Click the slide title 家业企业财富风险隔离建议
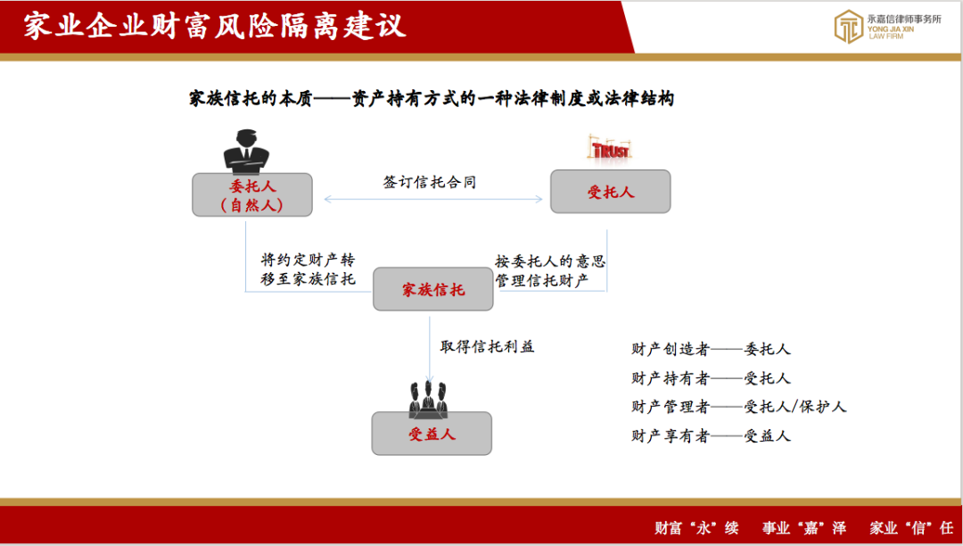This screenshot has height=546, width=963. pyautogui.click(x=214, y=27)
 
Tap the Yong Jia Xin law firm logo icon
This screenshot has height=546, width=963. pyautogui.click(x=848, y=27)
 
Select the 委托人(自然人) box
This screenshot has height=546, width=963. pyautogui.click(x=251, y=194)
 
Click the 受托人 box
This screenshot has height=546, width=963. pyautogui.click(x=610, y=192)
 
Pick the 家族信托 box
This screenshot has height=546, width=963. pyautogui.click(x=433, y=289)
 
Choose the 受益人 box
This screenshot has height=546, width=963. pyautogui.click(x=432, y=434)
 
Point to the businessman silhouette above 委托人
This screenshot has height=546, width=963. pyautogui.click(x=246, y=153)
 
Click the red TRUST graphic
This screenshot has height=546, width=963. pyautogui.click(x=611, y=149)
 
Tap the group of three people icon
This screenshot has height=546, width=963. pyautogui.click(x=429, y=399)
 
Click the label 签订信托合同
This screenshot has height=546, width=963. pyautogui.click(x=430, y=182)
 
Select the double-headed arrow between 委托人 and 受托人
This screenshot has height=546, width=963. pyautogui.click(x=433, y=199)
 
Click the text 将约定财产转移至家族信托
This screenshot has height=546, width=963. pyautogui.click(x=309, y=269)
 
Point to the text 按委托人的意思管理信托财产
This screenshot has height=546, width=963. pyautogui.click(x=550, y=271)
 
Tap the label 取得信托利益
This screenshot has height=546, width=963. pyautogui.click(x=488, y=346)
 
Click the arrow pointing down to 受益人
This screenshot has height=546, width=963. pyautogui.click(x=429, y=350)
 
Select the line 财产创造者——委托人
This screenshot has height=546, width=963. pyautogui.click(x=712, y=350)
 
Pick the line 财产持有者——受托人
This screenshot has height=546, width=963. pyautogui.click(x=712, y=378)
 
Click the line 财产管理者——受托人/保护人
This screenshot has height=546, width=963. pyautogui.click(x=739, y=407)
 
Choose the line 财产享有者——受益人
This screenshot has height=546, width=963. pyautogui.click(x=712, y=436)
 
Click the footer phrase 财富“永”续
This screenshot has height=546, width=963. pyautogui.click(x=696, y=527)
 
